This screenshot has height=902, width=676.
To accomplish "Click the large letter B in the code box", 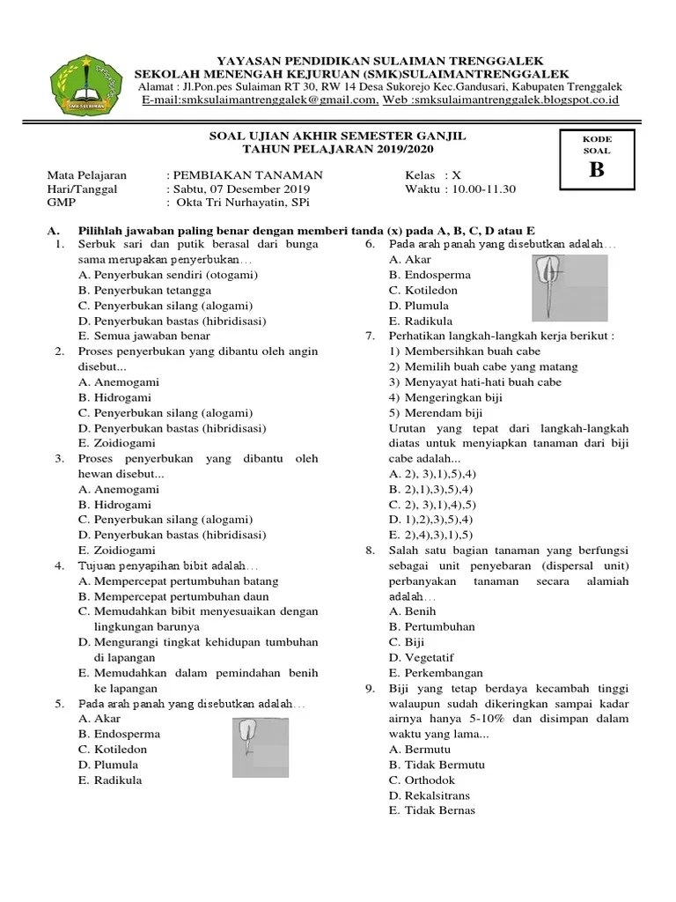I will click(596, 169).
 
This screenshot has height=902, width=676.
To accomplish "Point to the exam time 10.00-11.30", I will click(484, 189).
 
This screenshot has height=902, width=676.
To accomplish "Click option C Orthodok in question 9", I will click(422, 780).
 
